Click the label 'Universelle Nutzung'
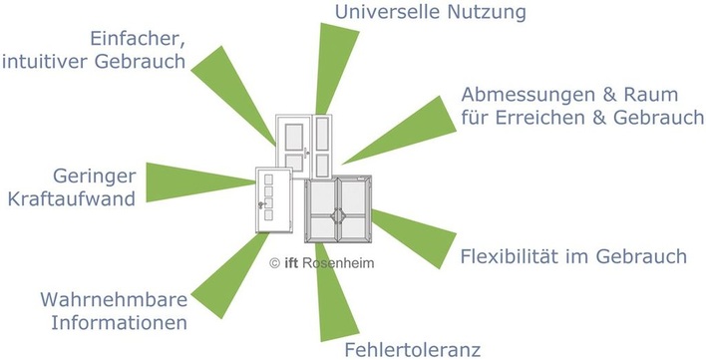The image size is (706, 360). pyautogui.click(x=430, y=13)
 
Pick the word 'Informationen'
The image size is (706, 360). pyautogui.click(x=125, y=324)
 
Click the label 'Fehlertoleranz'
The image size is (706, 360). pyautogui.click(x=412, y=349)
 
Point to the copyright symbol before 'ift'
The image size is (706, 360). pyautogui.click(x=275, y=262)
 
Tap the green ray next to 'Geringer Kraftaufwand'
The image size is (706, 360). pyautogui.click(x=199, y=177)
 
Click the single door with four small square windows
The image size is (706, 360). pyautogui.click(x=271, y=199)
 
